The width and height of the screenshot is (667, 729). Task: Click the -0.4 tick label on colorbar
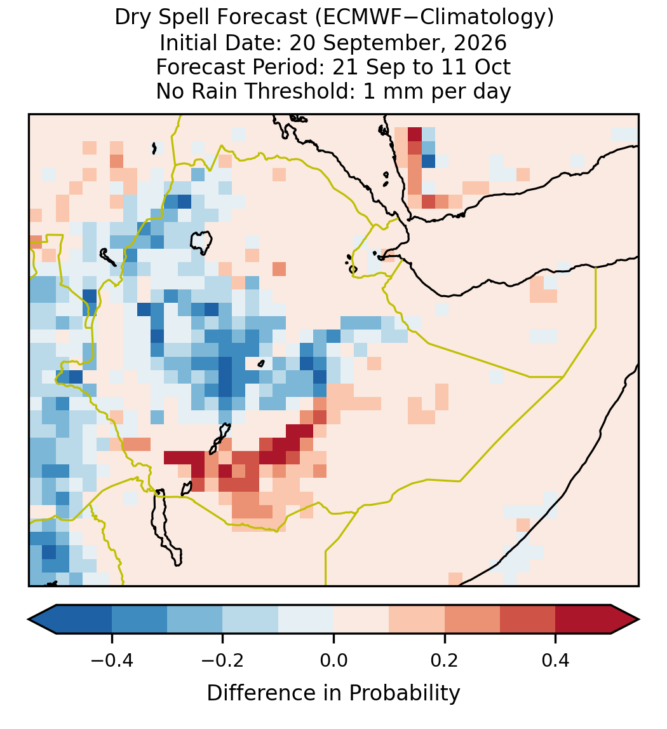tap(111, 660)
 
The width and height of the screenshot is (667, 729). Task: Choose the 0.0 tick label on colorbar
tap(333, 660)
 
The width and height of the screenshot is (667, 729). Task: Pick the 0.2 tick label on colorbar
tap(445, 660)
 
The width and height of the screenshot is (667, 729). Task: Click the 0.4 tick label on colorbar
tap(556, 660)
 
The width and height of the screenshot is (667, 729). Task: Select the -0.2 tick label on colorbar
tap(222, 660)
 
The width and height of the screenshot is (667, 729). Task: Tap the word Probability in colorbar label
tap(404, 693)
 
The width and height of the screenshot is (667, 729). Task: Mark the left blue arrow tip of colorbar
tap(29, 620)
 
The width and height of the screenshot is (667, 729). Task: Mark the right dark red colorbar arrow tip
tap(639, 620)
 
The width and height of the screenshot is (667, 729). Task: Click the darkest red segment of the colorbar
tap(583, 620)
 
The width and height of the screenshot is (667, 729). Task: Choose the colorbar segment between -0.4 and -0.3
tap(139, 620)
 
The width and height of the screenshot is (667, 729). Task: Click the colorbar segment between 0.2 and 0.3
tap(472, 620)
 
